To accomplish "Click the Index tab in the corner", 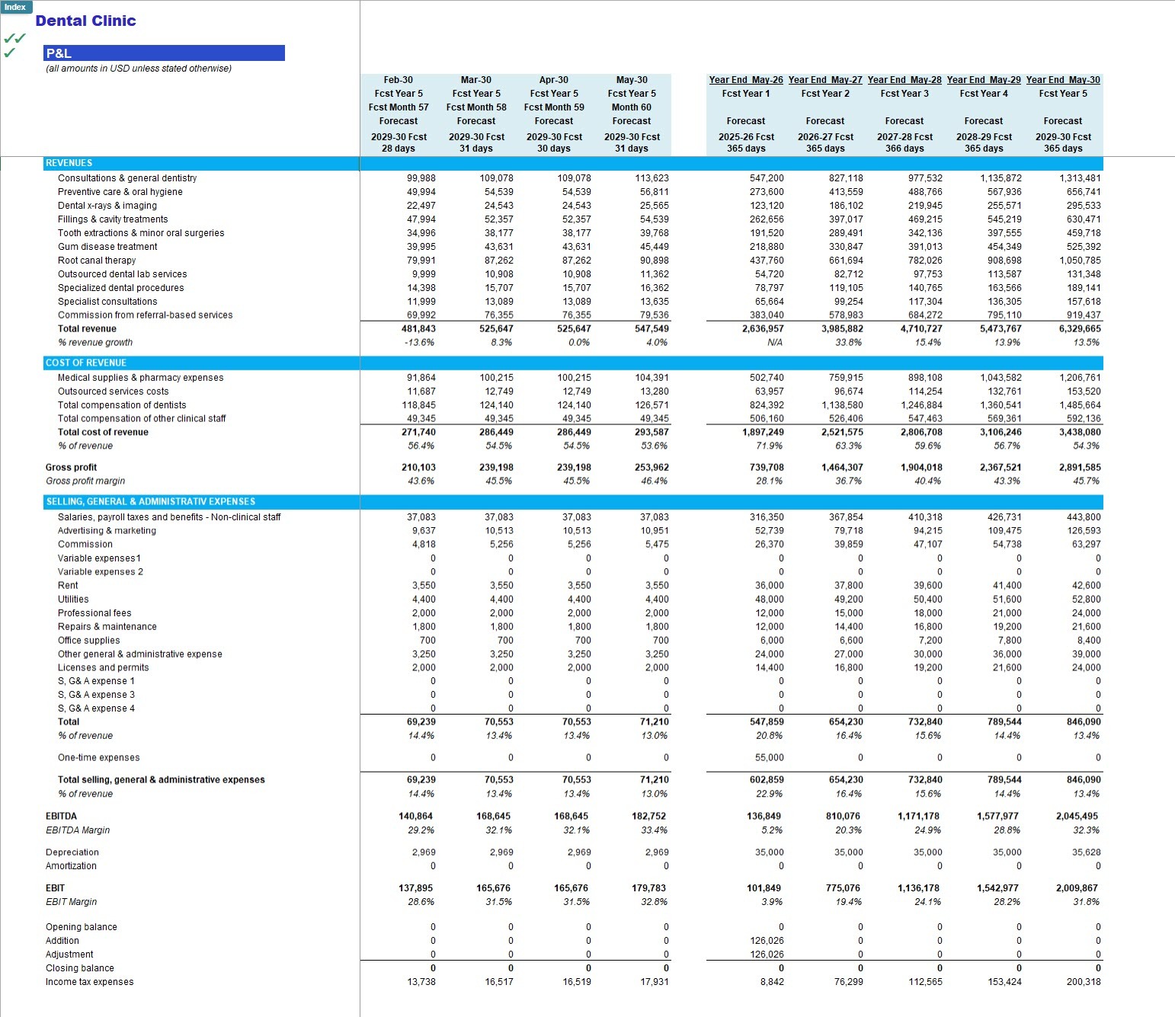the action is click(x=15, y=7).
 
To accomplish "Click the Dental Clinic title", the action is click(x=85, y=21).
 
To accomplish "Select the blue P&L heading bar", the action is click(x=164, y=53).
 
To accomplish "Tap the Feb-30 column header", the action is click(x=398, y=79).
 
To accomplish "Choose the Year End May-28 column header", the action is click(x=904, y=79).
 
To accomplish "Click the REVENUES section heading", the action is click(x=69, y=163).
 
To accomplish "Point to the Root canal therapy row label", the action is click(x=97, y=261).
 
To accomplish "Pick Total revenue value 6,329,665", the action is click(x=1080, y=328).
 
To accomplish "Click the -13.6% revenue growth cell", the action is click(x=419, y=342).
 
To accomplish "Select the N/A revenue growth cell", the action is click(x=775, y=342).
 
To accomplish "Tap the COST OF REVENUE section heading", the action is click(x=86, y=363).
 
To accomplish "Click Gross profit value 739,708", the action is click(x=767, y=467).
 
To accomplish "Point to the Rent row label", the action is click(x=68, y=586).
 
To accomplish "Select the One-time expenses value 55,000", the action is click(x=769, y=758).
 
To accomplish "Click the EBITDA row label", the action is click(x=61, y=817).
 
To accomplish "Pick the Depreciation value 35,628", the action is click(x=1086, y=852).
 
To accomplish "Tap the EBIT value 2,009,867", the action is click(x=1080, y=888).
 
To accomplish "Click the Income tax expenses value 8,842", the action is click(x=772, y=982).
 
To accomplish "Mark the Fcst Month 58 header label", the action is click(x=475, y=107).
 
